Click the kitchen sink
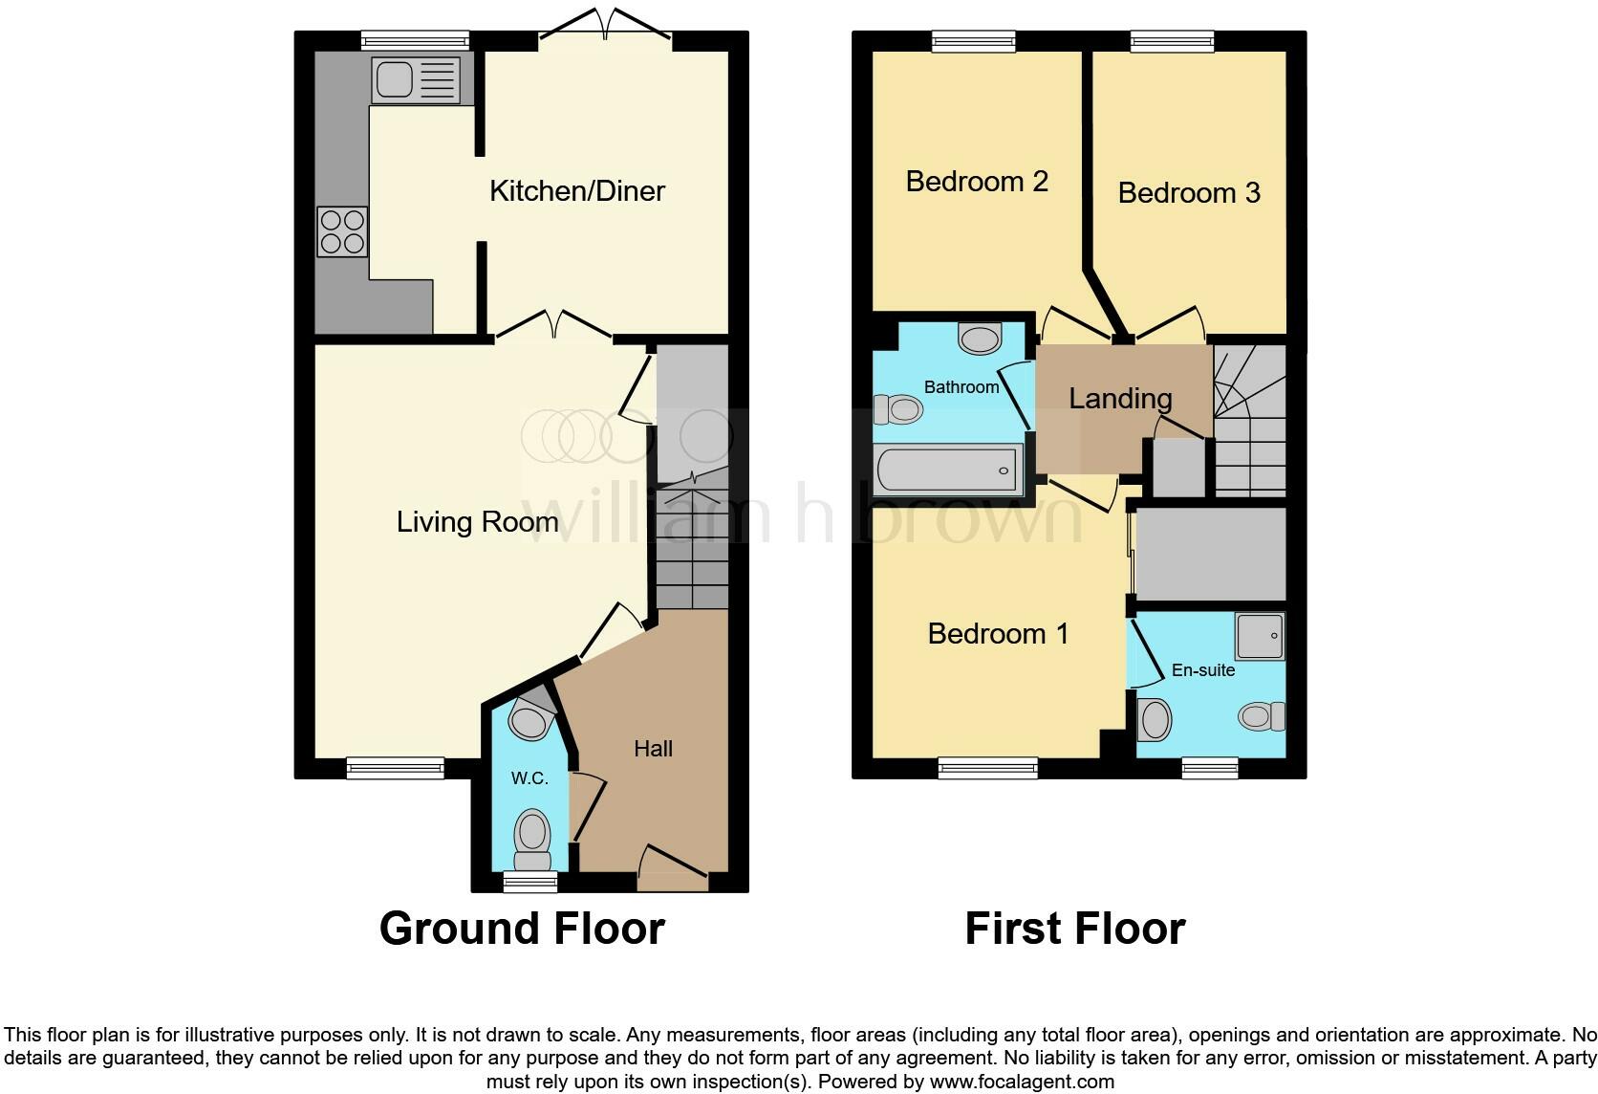coord(415,79)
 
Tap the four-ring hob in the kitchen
coord(342,232)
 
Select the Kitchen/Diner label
coord(577,191)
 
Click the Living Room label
coord(477,522)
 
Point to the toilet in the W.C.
coord(532,840)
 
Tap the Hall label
coord(653,749)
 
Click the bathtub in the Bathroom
coord(948,469)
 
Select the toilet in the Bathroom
coord(898,409)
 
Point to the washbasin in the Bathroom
coord(981,339)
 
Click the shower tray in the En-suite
coord(1261,636)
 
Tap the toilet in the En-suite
coord(1262,716)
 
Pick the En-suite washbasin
coord(1155,720)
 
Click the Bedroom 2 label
coord(977,182)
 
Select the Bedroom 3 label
coord(1189,192)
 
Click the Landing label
coord(1120,398)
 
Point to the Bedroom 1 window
coord(987,768)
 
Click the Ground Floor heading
coord(522,929)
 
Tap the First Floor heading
coord(1075,929)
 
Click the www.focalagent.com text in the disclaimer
coord(1022,1082)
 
